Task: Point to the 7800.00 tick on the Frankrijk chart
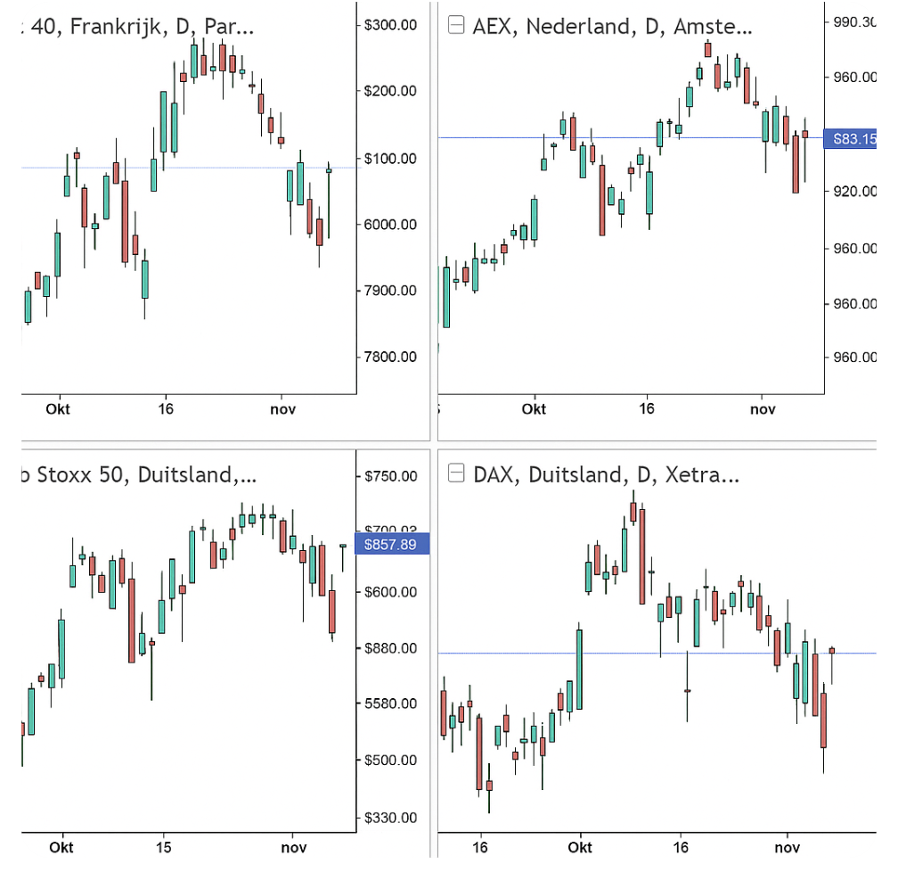coord(390,358)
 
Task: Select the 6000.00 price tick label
coord(390,225)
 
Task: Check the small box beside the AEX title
coord(456,26)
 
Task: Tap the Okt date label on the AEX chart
coord(534,409)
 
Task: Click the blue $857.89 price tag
coord(392,544)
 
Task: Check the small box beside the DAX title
coord(456,473)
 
